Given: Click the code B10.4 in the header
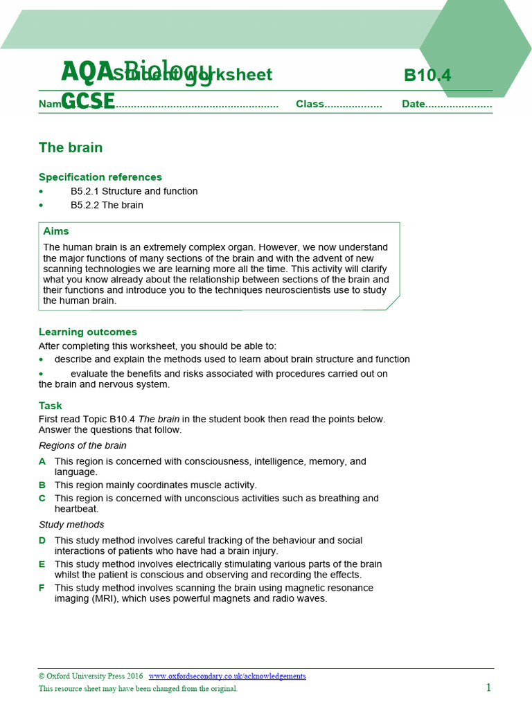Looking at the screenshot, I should [x=427, y=75].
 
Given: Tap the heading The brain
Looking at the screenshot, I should [x=71, y=147].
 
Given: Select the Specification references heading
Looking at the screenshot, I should [x=100, y=177].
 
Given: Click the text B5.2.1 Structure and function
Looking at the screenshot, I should [x=134, y=191].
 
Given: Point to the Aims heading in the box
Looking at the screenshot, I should [x=56, y=231].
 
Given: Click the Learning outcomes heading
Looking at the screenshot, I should [x=88, y=332].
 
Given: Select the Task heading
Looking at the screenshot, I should [x=51, y=406].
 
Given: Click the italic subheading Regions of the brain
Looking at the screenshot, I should [x=82, y=445].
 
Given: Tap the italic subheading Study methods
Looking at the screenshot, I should [x=71, y=524].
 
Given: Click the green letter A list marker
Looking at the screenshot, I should [x=42, y=461].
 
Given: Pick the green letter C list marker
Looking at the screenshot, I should [x=42, y=498].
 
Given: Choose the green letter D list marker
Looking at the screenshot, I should [x=42, y=540].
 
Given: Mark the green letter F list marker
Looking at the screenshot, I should [x=42, y=588].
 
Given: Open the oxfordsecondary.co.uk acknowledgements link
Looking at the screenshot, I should [x=227, y=676].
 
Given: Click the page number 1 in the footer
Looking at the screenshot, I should [x=488, y=688].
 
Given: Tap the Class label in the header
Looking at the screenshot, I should [x=310, y=104].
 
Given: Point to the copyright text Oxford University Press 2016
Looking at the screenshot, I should [x=91, y=676].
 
